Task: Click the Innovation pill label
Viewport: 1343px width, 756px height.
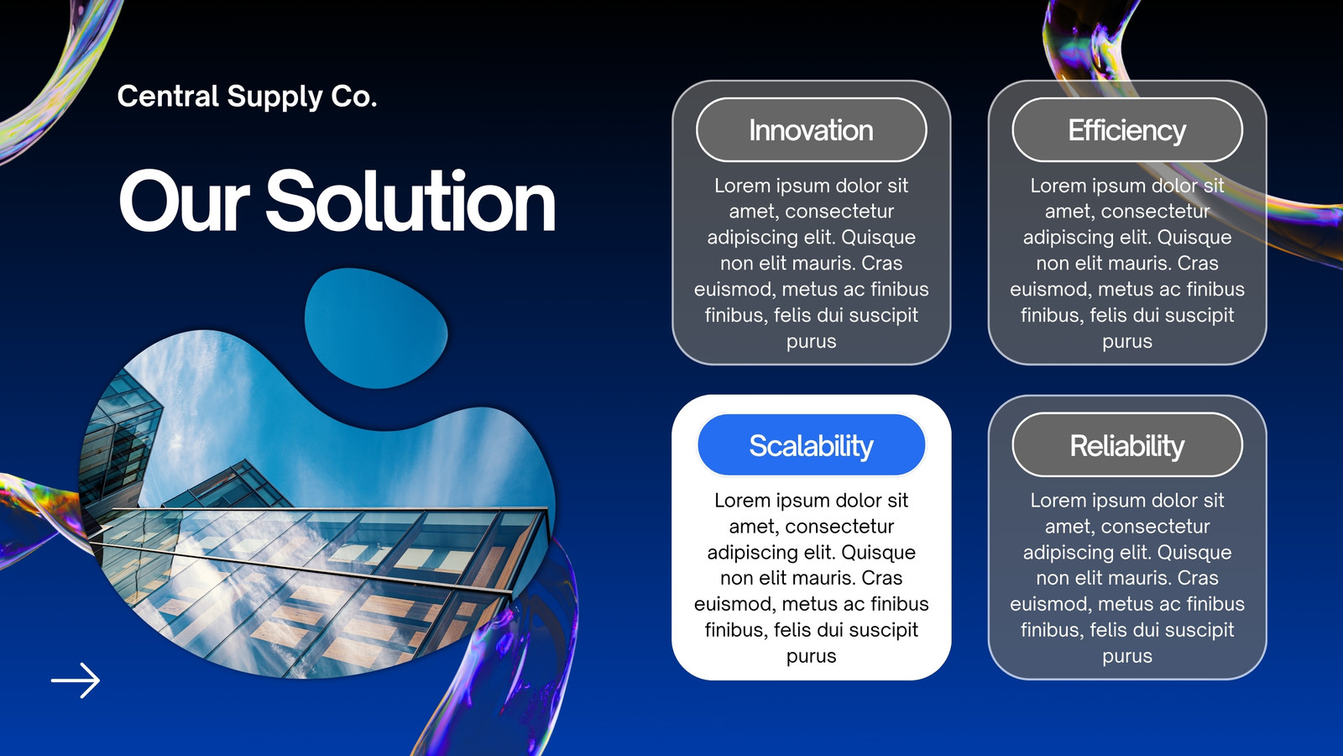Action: [x=811, y=130]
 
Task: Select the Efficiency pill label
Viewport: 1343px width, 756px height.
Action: [x=1127, y=130]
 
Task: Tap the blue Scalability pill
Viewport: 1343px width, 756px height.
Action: [x=811, y=445]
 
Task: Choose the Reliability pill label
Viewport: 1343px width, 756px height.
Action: [x=1127, y=445]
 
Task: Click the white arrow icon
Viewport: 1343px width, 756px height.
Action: [x=76, y=680]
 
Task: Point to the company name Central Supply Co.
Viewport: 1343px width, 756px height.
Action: [x=247, y=97]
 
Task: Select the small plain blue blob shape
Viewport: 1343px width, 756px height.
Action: [x=376, y=328]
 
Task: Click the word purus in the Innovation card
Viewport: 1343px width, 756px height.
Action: [x=811, y=342]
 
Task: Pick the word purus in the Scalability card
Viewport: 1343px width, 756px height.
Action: [x=811, y=656]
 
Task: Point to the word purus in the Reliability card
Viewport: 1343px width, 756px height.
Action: [x=1127, y=656]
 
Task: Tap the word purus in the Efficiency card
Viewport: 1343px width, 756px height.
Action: [x=1127, y=342]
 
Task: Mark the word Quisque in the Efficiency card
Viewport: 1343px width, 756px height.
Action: [x=1194, y=238]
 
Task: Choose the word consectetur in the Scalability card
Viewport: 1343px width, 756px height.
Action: [x=839, y=527]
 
